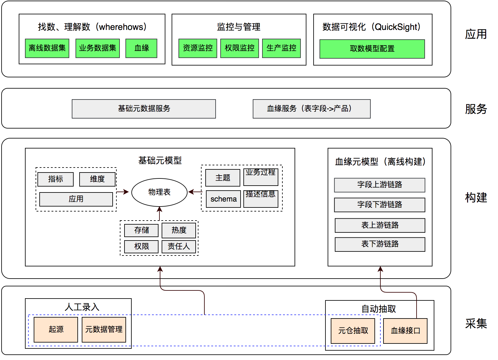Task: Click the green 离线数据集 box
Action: pos(47,48)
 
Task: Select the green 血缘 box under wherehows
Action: pos(141,48)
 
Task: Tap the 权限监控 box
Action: pos(239,48)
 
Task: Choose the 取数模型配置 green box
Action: pos(372,49)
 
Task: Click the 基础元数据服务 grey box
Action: pos(144,109)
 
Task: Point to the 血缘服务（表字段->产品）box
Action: pos(311,109)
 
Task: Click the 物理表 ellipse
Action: pos(159,192)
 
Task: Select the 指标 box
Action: pos(56,179)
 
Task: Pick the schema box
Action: pos(223,199)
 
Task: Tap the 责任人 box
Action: pos(179,246)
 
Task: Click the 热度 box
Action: pos(179,230)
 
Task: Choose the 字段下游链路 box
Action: pos(379,205)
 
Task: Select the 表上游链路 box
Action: pos(380,225)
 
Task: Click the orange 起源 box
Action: pos(56,329)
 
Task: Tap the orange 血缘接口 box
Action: pos(405,331)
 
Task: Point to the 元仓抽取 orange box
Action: pos(353,331)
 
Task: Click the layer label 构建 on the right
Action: pos(476,197)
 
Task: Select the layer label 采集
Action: pos(476,324)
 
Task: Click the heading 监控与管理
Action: pos(239,27)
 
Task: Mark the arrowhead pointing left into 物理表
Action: pos(191,192)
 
